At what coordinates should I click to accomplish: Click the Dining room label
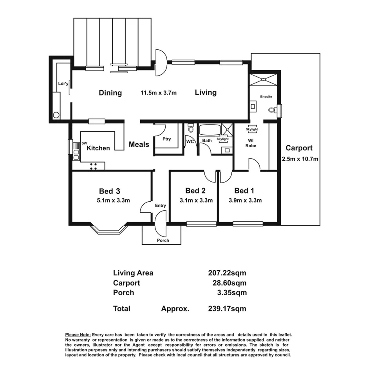[110, 93]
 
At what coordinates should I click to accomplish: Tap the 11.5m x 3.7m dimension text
[159, 93]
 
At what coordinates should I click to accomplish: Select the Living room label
[206, 92]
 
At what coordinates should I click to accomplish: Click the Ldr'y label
[63, 83]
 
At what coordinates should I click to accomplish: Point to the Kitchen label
[98, 148]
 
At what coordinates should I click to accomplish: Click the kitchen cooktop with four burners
[94, 166]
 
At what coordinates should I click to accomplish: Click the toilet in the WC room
[191, 128]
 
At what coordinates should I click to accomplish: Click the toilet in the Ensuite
[271, 110]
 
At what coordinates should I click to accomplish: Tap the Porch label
[163, 240]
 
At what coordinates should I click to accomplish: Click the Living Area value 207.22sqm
[227, 273]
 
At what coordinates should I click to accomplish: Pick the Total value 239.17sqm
[227, 309]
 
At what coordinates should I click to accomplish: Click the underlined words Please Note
[78, 335]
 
